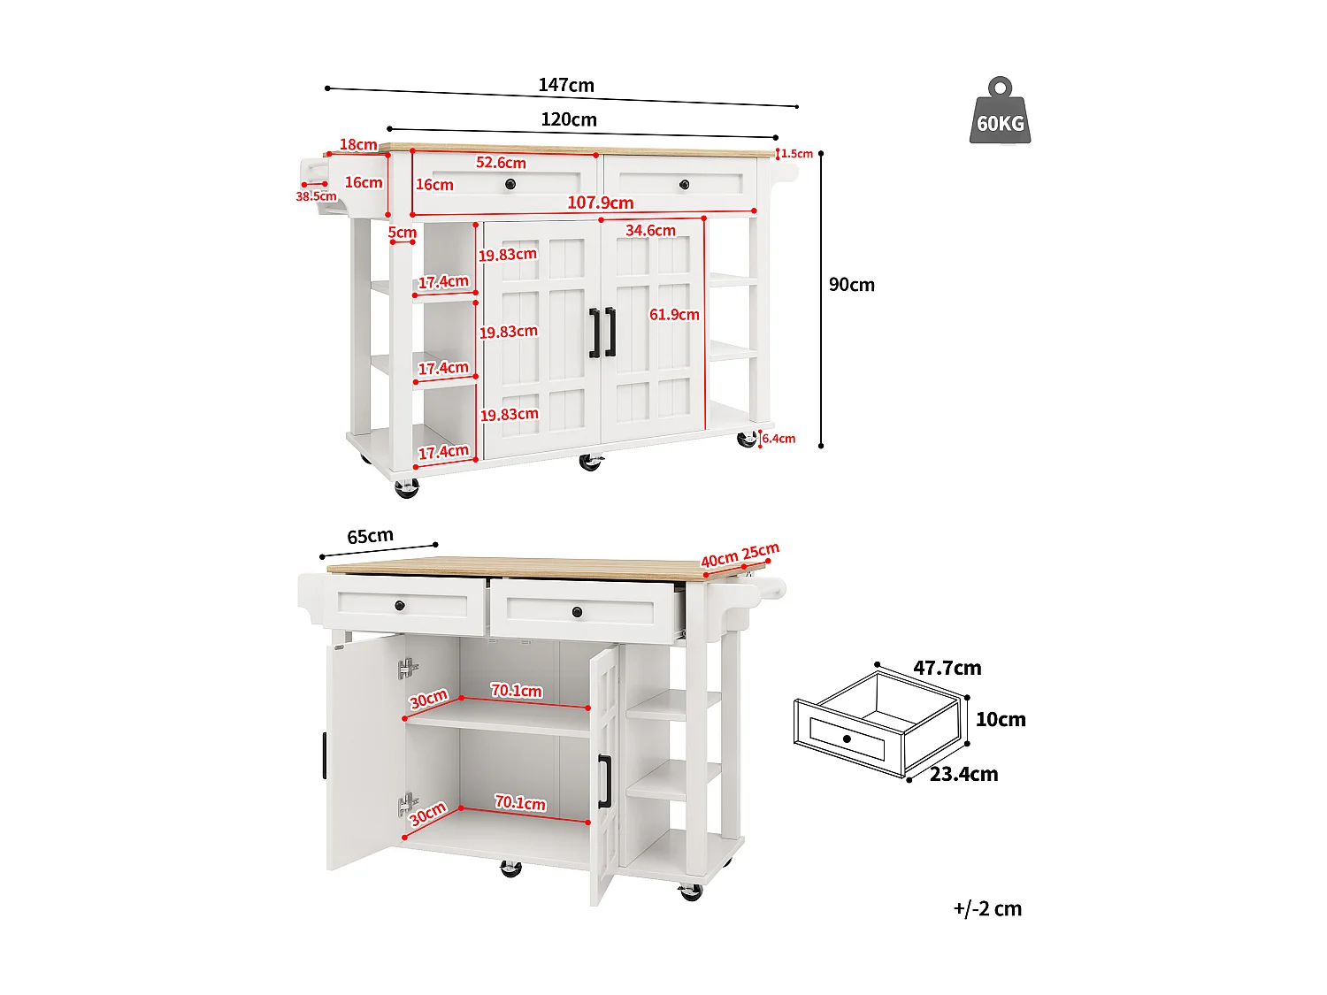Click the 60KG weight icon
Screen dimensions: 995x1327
tap(1000, 112)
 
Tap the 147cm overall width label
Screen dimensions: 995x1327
tap(566, 85)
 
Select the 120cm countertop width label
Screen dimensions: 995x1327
tap(569, 119)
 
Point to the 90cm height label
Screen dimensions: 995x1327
tap(851, 285)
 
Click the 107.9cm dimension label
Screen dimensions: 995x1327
tap(600, 203)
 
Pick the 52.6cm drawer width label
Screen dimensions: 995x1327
tap(501, 163)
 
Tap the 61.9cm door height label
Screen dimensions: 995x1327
tap(674, 315)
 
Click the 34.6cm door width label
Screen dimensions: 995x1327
tap(650, 231)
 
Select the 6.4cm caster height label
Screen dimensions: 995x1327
tap(779, 439)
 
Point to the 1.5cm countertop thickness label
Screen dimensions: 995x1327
tap(796, 154)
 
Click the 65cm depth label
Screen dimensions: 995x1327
tap(370, 537)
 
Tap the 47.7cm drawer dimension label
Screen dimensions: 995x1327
tap(947, 668)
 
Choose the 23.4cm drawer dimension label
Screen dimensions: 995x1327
tap(963, 775)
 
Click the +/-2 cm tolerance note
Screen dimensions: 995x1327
tap(987, 909)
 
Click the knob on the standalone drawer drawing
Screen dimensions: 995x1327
tap(847, 739)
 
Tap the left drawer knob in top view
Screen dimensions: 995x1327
tap(510, 184)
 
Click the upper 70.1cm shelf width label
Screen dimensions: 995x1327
tap(517, 691)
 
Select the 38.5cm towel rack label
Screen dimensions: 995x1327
tap(316, 196)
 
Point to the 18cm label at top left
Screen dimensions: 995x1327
tap(358, 145)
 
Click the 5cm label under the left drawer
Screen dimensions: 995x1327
tap(402, 233)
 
